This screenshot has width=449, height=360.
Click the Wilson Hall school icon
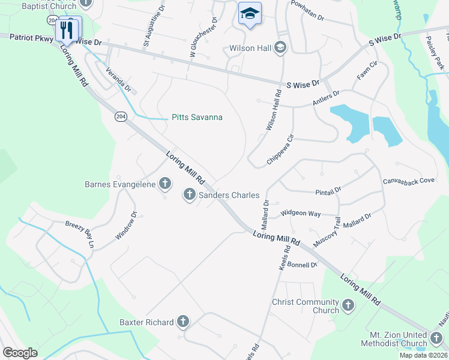tap(280, 47)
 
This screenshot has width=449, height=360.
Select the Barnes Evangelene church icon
tap(164, 185)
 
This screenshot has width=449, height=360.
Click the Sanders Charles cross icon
tap(189, 194)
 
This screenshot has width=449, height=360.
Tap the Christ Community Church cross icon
tap(348, 307)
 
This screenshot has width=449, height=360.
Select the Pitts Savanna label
tap(197, 118)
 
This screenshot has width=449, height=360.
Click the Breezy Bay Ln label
tap(80, 235)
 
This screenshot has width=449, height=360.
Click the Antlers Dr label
tap(326, 99)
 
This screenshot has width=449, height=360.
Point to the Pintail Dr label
tap(328, 191)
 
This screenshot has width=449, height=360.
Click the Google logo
tap(20, 353)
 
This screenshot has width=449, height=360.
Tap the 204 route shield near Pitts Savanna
tap(121, 116)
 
